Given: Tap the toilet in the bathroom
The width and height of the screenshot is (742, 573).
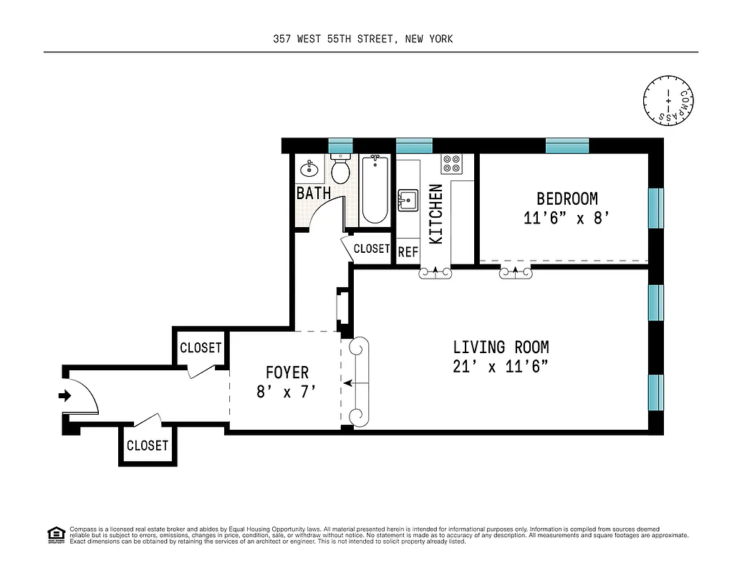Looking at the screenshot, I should click(341, 170).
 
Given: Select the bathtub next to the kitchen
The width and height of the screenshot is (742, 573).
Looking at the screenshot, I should click(375, 190).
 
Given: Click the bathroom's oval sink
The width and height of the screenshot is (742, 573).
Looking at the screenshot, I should click(309, 169).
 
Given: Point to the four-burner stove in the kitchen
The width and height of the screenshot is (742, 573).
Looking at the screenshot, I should click(452, 164).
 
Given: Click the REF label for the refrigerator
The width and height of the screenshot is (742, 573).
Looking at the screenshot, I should click(408, 251).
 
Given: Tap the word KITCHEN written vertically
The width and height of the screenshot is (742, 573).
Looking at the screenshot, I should click(436, 214).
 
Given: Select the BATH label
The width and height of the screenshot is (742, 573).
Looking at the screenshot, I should click(314, 193).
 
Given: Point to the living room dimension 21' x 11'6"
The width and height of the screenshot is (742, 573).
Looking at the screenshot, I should click(501, 366).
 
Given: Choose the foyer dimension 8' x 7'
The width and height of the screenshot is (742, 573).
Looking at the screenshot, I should click(286, 391).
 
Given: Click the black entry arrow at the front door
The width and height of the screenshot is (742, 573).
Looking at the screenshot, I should click(65, 395).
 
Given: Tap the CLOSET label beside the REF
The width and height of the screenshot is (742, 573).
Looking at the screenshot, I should click(371, 249).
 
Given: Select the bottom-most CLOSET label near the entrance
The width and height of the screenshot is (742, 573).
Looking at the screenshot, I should click(147, 446).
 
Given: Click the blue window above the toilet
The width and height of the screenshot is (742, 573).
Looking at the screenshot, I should click(341, 145).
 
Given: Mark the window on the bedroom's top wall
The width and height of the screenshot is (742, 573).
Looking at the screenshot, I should click(567, 145).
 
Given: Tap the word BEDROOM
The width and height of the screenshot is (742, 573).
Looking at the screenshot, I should click(567, 198).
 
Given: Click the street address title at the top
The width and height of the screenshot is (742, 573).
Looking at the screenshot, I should click(358, 39).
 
